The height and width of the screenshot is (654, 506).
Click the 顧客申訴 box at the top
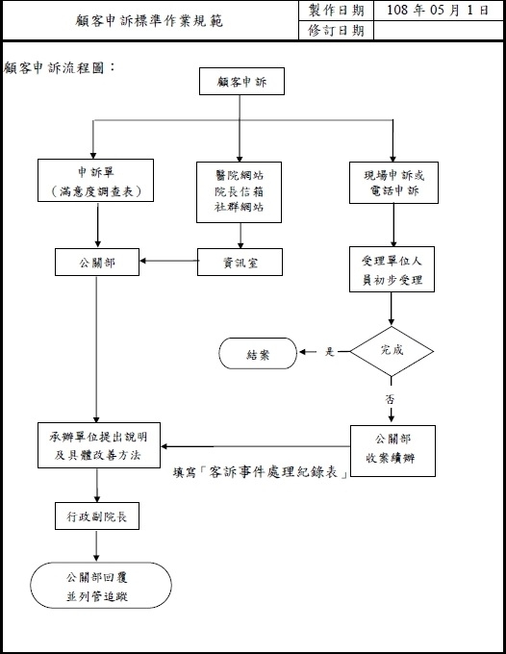click(242, 82)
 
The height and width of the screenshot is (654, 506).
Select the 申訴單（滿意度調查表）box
click(95, 180)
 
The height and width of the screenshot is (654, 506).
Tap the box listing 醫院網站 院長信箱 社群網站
click(239, 191)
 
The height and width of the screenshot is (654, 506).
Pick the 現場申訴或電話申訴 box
click(393, 183)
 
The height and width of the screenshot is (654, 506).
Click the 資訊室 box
click(240, 263)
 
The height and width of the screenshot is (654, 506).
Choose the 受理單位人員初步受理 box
click(392, 269)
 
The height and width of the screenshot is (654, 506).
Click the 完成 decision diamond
click(392, 351)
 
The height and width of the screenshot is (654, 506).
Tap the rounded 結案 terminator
click(258, 354)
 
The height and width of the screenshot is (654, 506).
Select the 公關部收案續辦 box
click(392, 451)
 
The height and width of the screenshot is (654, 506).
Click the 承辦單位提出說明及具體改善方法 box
click(99, 445)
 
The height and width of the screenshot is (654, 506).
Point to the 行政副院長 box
click(97, 516)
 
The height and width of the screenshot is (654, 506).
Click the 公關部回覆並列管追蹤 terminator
click(101, 585)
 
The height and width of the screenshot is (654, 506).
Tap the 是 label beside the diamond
click(330, 352)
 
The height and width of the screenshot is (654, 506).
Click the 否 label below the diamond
click(390, 399)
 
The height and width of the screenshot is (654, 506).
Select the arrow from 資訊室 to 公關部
click(169, 261)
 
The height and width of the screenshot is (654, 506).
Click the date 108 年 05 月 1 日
click(437, 10)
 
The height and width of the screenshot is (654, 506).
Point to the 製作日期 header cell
click(337, 11)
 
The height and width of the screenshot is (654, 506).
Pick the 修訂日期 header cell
click(337, 31)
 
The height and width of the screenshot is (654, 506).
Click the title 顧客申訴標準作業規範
click(149, 20)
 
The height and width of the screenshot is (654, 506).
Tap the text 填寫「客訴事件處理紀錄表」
click(261, 471)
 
